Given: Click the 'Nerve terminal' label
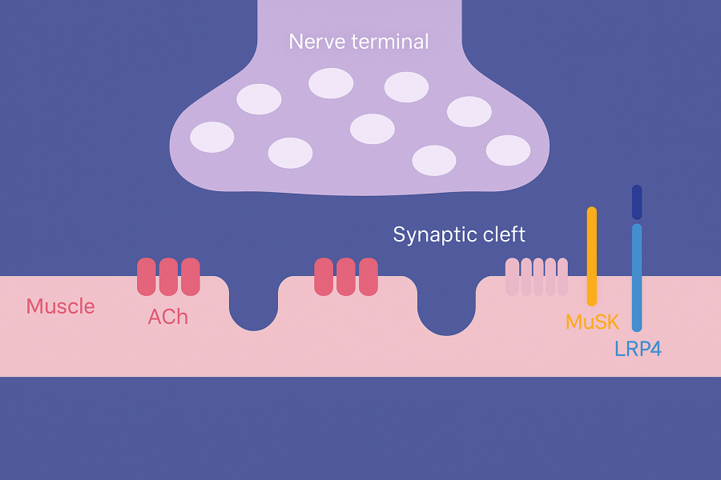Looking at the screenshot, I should point(359,42).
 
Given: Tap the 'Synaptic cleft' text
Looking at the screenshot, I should point(459,234).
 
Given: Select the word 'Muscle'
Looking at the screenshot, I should point(60,306).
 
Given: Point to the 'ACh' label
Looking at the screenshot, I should point(168,317).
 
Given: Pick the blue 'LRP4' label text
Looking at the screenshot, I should point(638,350).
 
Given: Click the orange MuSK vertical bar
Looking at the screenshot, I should point(592,256).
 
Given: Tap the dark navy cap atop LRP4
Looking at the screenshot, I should point(637,202).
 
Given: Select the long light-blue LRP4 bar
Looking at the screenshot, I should point(637,277).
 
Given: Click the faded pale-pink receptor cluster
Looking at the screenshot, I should point(537,277).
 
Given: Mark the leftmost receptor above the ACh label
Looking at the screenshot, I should point(147,277).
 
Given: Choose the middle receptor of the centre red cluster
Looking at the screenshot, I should point(345,277).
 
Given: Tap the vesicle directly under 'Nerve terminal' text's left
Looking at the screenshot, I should point(331,83).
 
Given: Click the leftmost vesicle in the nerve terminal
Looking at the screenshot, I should point(212,137).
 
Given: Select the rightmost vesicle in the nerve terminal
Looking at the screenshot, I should point(508,150).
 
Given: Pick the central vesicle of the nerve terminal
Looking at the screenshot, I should point(373,129).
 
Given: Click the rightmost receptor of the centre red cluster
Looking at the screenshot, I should point(368,277).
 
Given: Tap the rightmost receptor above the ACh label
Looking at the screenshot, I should point(191,277).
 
